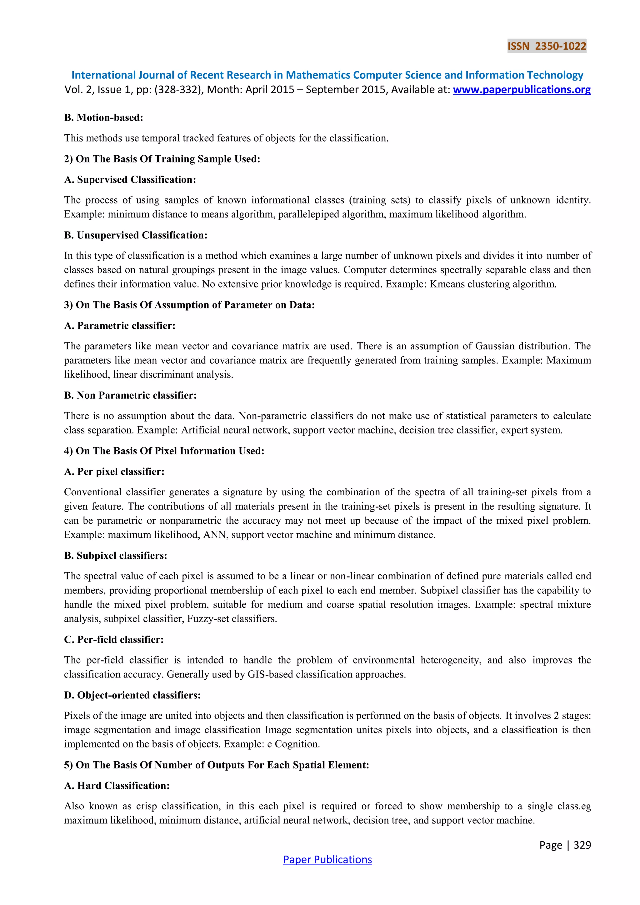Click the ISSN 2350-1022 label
[x=547, y=46]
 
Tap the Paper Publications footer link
[x=327, y=859]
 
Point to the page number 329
[x=582, y=845]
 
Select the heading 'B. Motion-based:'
[x=104, y=117]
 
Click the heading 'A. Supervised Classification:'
[x=130, y=180]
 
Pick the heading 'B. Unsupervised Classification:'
[x=136, y=235]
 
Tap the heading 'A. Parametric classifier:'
[x=120, y=326]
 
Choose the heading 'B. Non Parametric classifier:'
[x=130, y=395]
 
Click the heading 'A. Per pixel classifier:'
[x=114, y=472]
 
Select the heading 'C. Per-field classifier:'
[x=114, y=640]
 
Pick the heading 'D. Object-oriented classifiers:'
[x=132, y=695]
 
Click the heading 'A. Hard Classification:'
[x=117, y=786]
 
